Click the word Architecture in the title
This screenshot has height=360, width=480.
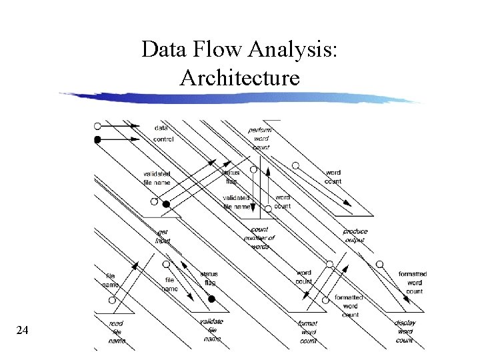(x=240, y=78)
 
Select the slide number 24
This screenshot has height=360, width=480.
(x=21, y=329)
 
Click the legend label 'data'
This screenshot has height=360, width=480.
(x=161, y=127)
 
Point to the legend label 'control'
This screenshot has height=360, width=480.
(x=164, y=139)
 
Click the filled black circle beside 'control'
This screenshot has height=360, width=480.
(x=97, y=139)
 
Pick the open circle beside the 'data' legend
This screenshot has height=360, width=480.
(x=97, y=125)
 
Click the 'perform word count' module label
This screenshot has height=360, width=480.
(x=261, y=138)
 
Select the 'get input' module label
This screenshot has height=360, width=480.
(x=163, y=236)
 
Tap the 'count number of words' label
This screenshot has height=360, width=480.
(x=260, y=238)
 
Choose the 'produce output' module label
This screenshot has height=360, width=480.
(x=355, y=235)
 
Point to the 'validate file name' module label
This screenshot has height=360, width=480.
(x=212, y=330)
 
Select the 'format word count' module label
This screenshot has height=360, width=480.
(x=308, y=332)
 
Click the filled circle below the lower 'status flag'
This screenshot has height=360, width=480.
(x=212, y=299)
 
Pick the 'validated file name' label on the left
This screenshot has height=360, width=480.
(x=157, y=178)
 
